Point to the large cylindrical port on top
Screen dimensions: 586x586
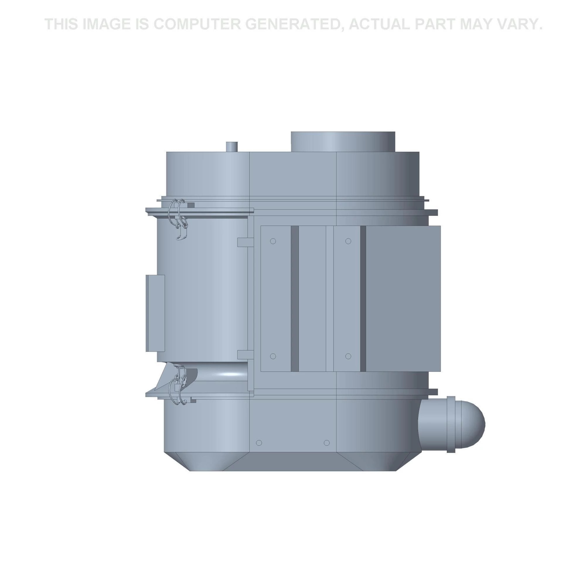click(x=343, y=142)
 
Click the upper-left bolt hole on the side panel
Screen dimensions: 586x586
click(x=273, y=241)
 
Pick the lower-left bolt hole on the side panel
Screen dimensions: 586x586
click(x=273, y=356)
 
